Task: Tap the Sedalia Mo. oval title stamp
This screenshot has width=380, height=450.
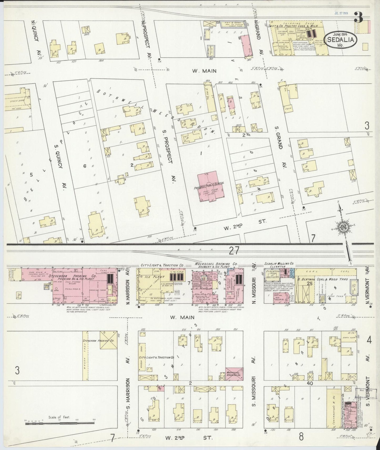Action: (341, 40)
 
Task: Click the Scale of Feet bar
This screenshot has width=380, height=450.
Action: (59, 423)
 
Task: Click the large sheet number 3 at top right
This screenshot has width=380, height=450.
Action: (358, 18)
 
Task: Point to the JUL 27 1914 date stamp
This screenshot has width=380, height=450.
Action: (341, 13)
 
